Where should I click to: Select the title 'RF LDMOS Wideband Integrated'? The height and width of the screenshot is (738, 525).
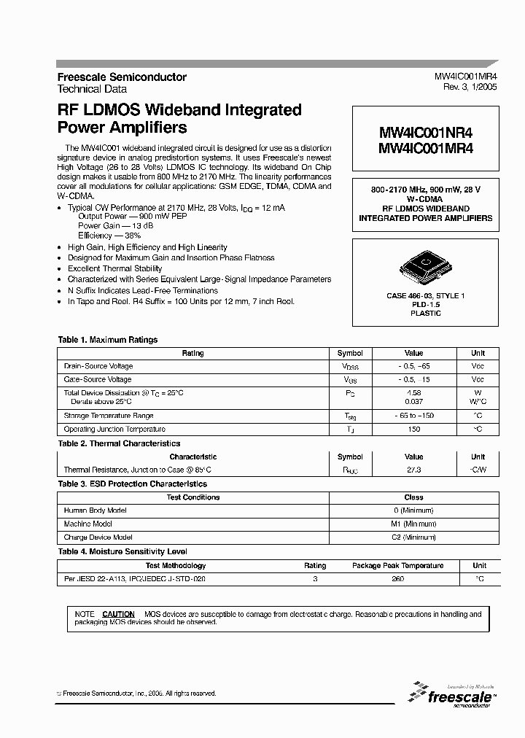point(179,110)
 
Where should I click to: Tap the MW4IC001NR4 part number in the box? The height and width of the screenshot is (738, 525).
point(426,133)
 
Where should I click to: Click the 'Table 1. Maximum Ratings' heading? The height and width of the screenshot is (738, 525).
point(108,340)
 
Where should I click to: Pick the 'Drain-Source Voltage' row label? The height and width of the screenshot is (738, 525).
point(98,366)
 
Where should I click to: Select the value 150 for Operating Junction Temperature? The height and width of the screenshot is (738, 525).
point(413,430)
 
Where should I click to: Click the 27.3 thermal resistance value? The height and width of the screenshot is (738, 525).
point(413,470)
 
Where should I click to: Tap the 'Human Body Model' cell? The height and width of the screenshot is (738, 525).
point(96,510)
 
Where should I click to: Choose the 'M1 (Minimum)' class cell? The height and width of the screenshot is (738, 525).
point(413,524)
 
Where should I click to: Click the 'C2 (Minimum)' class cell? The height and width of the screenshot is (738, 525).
point(413,537)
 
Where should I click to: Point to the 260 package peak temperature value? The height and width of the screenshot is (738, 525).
point(397,578)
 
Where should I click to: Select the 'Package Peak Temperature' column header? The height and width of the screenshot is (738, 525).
point(397,565)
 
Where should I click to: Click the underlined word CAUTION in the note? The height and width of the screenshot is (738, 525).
point(118,615)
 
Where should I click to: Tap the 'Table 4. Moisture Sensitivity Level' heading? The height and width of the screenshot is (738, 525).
point(122,552)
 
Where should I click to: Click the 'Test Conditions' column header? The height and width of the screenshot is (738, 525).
point(193,497)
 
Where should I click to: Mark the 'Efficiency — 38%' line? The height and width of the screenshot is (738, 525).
point(109,236)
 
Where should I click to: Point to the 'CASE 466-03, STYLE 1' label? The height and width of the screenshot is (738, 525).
point(425,295)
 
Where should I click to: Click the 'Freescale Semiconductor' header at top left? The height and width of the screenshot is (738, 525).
point(122,77)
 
